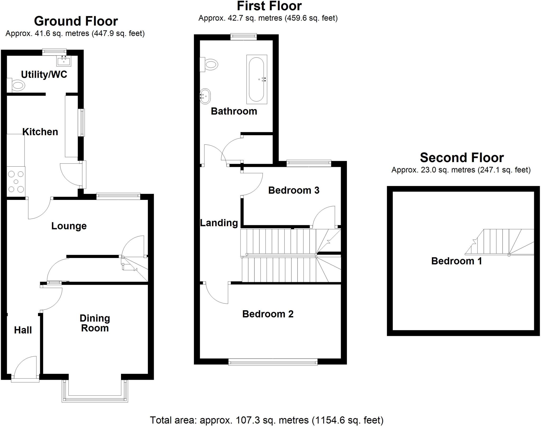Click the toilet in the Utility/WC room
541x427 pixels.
coord(16,85)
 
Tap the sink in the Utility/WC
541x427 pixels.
coord(64,61)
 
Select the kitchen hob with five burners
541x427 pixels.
coord(16,182)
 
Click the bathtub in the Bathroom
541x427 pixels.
coord(256,79)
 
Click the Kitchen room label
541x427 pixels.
coord(40,132)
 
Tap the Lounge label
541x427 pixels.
coord(69,226)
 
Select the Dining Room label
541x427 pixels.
coord(95,323)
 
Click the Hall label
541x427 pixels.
coord(23,330)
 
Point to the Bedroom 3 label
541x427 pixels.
coord(294,190)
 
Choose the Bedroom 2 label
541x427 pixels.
coord(268,314)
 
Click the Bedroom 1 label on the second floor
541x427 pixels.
coord(456,261)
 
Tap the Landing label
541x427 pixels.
coord(219,223)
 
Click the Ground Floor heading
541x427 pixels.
coord(76,21)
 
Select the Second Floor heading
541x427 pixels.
coord(462,158)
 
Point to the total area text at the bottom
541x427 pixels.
coord(267,420)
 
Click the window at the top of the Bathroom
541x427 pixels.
coord(243,37)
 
